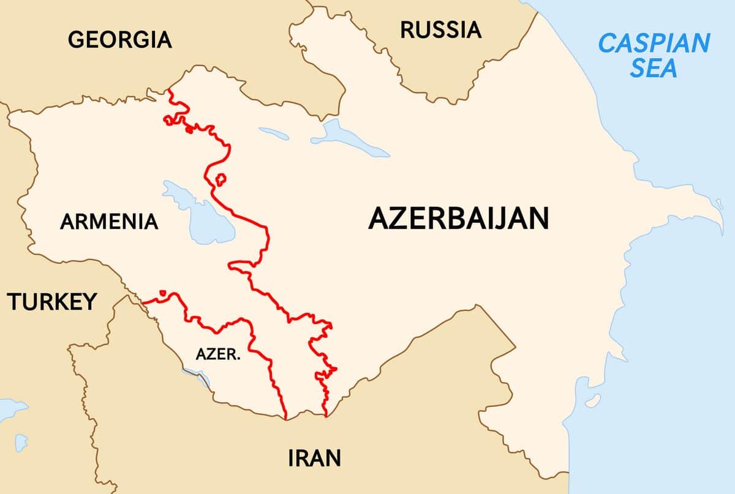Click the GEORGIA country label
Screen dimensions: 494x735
(119, 40)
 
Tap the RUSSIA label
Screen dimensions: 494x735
(440, 29)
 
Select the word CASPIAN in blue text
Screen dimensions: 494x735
(654, 43)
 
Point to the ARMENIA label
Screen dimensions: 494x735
(109, 221)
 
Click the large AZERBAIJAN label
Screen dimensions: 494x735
(458, 219)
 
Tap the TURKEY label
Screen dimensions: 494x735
(52, 301)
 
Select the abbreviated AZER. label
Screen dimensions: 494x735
(217, 354)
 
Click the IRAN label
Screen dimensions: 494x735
(314, 457)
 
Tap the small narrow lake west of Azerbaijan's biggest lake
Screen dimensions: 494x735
(273, 133)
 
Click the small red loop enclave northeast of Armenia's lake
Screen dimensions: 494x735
(221, 179)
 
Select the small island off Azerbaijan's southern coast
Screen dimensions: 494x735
(592, 402)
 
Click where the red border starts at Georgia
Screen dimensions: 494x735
(168, 91)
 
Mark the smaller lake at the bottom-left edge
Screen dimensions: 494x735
(21, 441)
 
